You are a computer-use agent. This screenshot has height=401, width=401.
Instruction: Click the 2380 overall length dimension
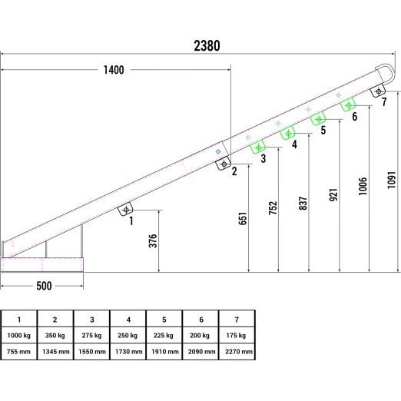coord(207,46)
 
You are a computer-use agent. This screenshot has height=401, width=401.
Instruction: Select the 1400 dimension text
coord(114,70)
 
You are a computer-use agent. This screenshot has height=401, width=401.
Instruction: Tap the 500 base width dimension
coord(44,286)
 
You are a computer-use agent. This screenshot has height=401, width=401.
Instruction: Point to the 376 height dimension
coord(153,240)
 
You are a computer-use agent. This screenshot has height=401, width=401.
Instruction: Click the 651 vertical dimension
coord(243,218)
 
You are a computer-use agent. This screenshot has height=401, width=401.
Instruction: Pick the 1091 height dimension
coord(392,181)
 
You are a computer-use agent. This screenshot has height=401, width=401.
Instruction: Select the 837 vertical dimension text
coord(303,204)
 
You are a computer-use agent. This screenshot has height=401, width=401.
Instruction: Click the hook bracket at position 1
coord(125,209)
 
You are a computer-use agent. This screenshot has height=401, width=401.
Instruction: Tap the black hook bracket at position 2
coord(224,164)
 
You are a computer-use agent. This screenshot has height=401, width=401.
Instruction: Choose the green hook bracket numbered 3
coord(258,147)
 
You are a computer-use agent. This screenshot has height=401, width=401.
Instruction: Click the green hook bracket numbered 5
coord(318,119)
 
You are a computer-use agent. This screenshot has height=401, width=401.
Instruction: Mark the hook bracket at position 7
coord(378,91)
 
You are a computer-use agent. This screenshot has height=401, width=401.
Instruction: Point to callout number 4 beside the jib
coord(294,144)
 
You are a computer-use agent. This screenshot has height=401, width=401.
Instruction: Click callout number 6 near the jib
coord(355,117)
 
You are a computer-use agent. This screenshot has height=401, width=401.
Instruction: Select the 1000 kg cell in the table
coord(19,335)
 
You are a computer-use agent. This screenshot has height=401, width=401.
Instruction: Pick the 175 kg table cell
coord(237,335)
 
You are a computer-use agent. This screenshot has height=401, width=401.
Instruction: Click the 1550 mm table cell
coord(92,352)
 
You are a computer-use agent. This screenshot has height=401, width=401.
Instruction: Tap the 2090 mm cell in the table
coord(200,352)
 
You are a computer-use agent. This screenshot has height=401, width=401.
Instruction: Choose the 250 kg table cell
coord(128,335)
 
